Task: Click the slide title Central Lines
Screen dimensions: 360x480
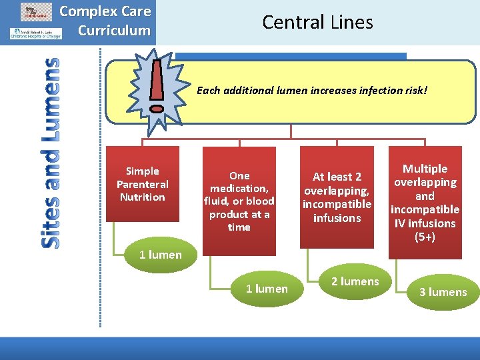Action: click(317, 22)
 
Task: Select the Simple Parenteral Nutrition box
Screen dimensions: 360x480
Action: click(142, 184)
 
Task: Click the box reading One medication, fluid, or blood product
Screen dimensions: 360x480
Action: click(239, 201)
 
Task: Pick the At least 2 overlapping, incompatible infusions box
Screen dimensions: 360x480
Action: click(337, 197)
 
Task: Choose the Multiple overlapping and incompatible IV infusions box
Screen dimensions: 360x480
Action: click(425, 202)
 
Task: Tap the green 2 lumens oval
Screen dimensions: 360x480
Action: click(355, 281)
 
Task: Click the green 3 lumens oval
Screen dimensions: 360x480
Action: click(443, 292)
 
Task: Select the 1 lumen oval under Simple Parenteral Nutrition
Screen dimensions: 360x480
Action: click(160, 255)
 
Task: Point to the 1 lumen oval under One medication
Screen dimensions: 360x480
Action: click(267, 289)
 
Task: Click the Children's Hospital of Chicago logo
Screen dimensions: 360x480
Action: click(35, 33)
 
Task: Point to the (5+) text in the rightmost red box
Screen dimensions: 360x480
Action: click(425, 237)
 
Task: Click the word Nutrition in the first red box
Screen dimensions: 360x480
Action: click(142, 197)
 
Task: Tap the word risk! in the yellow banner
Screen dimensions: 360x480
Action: click(413, 90)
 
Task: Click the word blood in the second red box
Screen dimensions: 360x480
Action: click(260, 201)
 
